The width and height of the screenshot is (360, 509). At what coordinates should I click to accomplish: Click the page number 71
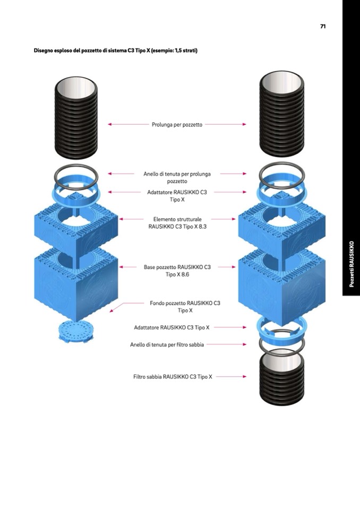pyautogui.click(x=323, y=26)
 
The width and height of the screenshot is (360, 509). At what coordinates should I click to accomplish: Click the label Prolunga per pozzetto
pyautogui.click(x=177, y=125)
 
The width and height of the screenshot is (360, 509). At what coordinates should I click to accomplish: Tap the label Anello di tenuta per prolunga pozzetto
pyautogui.click(x=177, y=177)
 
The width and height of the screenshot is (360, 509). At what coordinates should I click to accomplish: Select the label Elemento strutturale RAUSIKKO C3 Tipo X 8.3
pyautogui.click(x=177, y=222)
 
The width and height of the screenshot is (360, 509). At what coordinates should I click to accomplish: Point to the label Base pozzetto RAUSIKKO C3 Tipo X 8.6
pyautogui.click(x=177, y=271)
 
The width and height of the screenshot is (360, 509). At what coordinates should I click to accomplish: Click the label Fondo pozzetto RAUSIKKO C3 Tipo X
pyautogui.click(x=184, y=306)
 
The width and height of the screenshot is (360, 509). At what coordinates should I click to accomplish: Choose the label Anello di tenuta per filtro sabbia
pyautogui.click(x=167, y=344)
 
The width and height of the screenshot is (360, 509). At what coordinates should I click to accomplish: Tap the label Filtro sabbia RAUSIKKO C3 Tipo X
pyautogui.click(x=173, y=377)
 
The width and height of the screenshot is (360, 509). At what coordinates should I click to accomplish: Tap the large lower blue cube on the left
pyautogui.click(x=75, y=284)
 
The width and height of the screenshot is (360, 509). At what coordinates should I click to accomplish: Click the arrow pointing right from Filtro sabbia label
pyautogui.click(x=231, y=377)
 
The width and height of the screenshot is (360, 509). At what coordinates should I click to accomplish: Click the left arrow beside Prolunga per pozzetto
pyautogui.click(x=127, y=125)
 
